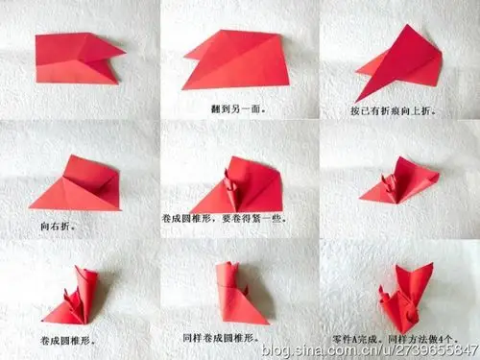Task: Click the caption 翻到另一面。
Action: [238, 108]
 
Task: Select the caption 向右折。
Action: [60, 227]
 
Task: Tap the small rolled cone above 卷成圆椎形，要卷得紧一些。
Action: [230, 182]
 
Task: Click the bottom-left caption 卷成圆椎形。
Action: [68, 339]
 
